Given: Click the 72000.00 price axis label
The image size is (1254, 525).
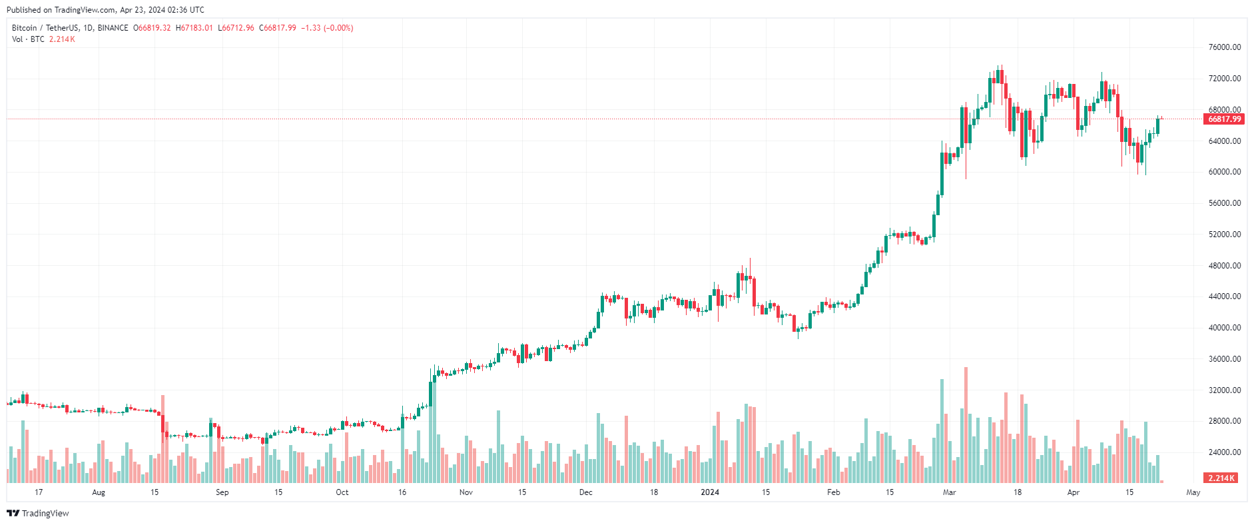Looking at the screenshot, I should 1224,79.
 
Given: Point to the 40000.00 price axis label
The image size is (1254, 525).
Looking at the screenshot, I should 1224,328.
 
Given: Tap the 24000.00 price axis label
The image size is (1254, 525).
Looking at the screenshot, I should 1224,452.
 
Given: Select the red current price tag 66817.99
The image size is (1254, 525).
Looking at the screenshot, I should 1224,119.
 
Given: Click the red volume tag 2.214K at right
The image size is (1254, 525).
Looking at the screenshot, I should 1221,478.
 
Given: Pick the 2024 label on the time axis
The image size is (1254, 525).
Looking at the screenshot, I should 710,492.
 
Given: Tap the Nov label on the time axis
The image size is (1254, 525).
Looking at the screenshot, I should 466,492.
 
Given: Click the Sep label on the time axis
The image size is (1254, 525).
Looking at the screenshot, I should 222,492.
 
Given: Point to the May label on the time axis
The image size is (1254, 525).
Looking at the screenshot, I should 1193,492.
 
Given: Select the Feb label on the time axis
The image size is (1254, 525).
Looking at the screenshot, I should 833,492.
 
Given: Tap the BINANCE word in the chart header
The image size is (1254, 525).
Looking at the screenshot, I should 113,28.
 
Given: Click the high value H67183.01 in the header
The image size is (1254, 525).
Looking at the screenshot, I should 194,28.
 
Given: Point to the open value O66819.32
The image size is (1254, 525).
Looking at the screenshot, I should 152,28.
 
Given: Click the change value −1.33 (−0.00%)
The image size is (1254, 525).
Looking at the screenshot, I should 327,28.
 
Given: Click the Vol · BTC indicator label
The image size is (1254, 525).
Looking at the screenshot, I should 28,39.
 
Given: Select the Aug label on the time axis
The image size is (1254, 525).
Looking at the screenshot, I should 99,492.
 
